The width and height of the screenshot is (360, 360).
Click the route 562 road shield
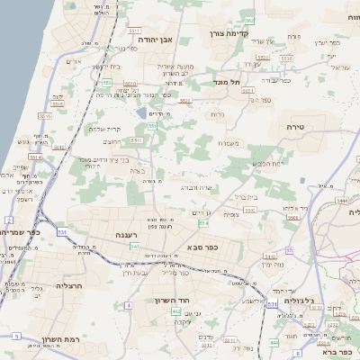click(x=249, y=20)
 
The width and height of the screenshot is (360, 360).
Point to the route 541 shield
click(x=133, y=246)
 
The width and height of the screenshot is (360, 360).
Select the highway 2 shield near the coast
click(x=8, y=220)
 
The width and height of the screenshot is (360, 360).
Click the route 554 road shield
click(x=203, y=222)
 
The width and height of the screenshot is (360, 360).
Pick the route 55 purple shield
click(x=289, y=250)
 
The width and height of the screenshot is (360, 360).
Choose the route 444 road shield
click(x=274, y=343)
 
